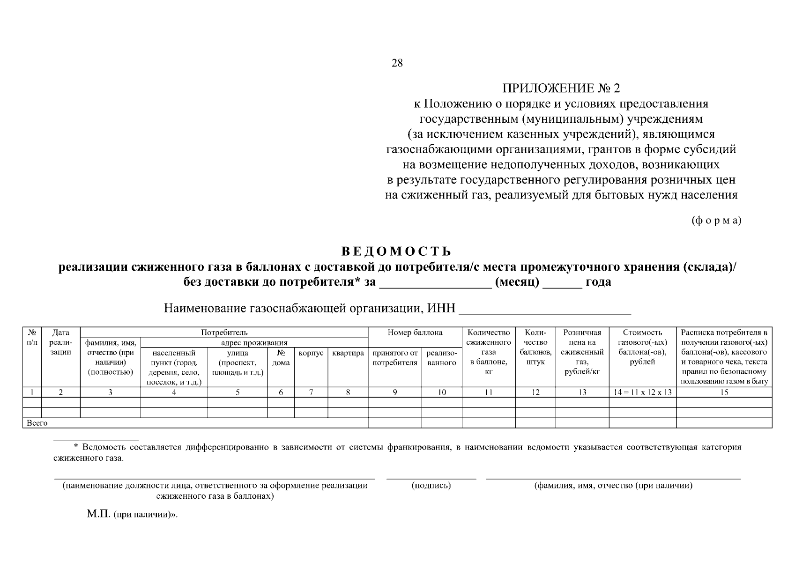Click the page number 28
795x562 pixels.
[x=397, y=63]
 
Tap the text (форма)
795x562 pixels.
[x=716, y=221]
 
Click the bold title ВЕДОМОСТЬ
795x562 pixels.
[x=397, y=251]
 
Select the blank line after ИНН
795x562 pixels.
[x=545, y=310]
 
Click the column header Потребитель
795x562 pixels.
[x=224, y=333]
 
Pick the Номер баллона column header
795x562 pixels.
[x=415, y=333]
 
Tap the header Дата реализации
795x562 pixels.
[x=61, y=342]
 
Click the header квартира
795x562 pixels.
[x=348, y=353]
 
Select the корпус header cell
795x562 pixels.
[x=311, y=353]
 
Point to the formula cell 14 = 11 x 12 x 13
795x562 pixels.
[x=642, y=392]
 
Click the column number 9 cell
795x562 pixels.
[x=394, y=392]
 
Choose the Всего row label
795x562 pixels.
[x=37, y=423]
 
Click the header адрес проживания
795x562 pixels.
[x=253, y=342]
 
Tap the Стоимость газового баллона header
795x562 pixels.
[x=642, y=347]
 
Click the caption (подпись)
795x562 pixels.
[x=431, y=486]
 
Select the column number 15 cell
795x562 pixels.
[x=724, y=392]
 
